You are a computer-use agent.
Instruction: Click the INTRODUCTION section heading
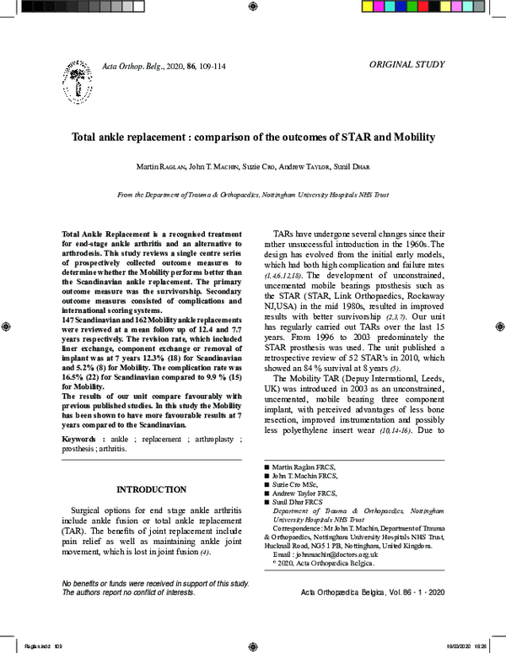pos(151,489)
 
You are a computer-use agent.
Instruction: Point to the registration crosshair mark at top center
pos(253,7)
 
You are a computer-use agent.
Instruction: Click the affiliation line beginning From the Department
pos(252,195)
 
